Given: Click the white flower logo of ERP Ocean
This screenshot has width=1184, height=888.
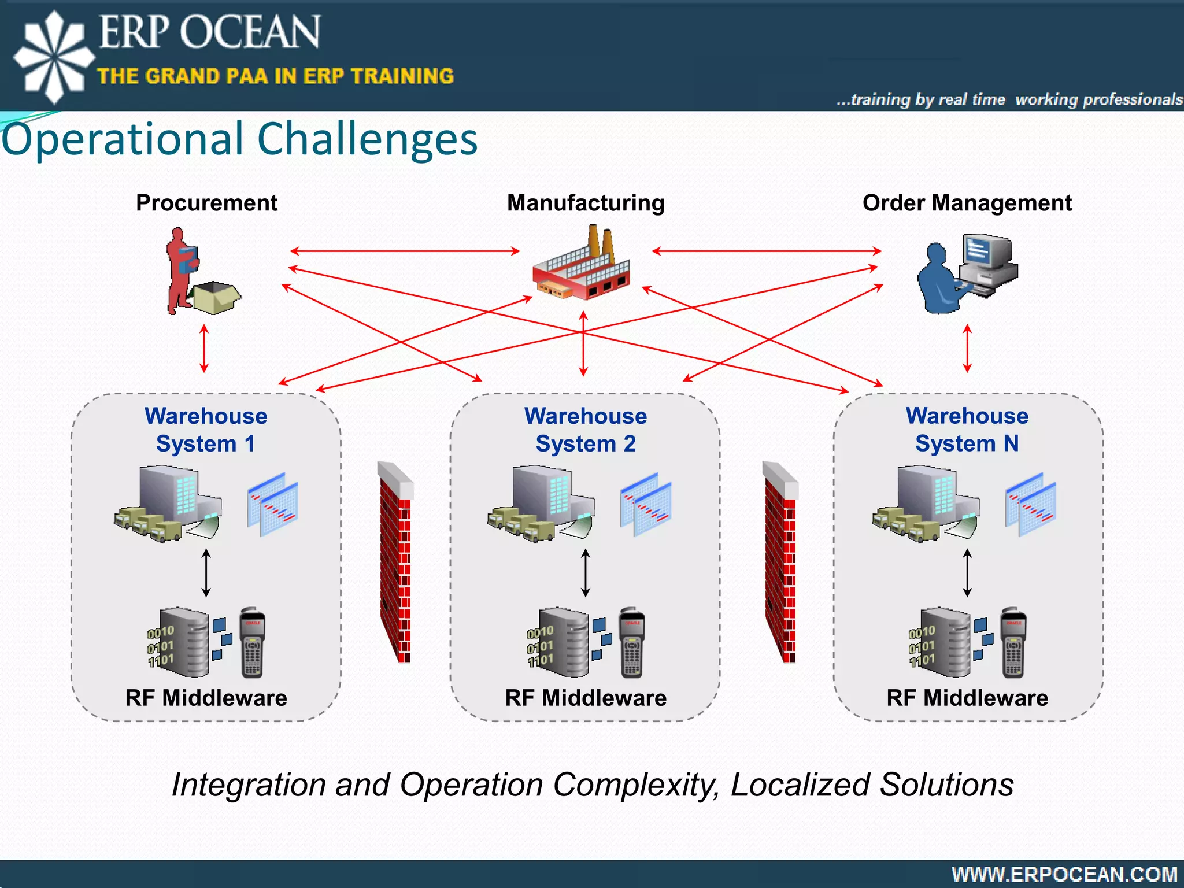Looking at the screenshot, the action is (x=54, y=57).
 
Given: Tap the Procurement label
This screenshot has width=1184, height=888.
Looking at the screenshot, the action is (x=206, y=203).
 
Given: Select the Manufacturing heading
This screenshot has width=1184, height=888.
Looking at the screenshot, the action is (x=586, y=203).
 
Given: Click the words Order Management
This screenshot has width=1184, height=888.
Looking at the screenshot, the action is (x=967, y=203).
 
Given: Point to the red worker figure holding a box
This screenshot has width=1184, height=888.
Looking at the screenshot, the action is (x=182, y=269).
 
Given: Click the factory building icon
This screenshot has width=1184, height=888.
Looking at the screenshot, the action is (x=581, y=266).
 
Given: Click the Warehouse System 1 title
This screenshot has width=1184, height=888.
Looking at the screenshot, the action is (x=206, y=430).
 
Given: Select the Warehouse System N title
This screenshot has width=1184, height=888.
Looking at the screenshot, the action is (x=967, y=430).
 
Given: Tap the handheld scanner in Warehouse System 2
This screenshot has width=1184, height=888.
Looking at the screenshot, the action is (x=632, y=643).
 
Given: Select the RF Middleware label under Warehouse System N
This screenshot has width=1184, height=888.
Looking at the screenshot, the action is (x=967, y=698).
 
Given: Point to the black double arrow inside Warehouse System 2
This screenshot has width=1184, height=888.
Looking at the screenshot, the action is (x=586, y=573).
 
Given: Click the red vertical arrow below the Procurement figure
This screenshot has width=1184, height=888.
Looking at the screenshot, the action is (x=204, y=348).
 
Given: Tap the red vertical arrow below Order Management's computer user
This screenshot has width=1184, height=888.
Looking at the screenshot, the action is (x=967, y=348).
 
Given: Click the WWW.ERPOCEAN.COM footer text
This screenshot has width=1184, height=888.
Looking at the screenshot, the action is (x=1064, y=874).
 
